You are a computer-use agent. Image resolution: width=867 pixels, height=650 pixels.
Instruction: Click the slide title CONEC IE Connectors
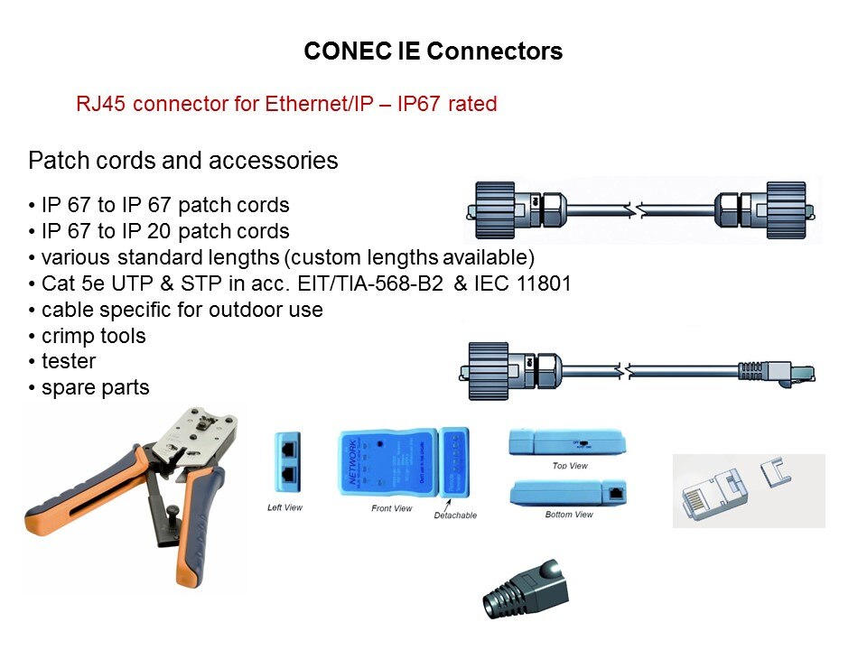[x=433, y=51]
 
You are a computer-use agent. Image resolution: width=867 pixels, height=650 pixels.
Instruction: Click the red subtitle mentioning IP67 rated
[x=286, y=104]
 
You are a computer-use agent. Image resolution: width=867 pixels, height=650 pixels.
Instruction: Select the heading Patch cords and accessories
[x=183, y=161]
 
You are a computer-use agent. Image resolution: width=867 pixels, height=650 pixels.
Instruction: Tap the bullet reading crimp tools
[x=93, y=336]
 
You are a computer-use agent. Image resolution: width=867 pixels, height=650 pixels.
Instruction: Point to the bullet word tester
[x=68, y=361]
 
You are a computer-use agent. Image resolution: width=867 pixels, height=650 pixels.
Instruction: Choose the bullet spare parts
[x=95, y=387]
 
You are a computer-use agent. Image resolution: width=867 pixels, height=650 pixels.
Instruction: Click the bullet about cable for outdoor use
[x=182, y=310]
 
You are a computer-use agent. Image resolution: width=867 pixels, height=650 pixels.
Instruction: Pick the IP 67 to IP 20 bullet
[x=164, y=230]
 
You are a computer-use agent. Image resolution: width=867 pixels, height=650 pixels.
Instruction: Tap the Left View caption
[x=285, y=507]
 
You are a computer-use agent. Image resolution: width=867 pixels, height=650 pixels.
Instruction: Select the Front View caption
[x=392, y=508]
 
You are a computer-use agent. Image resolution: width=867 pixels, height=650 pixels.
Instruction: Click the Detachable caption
[x=455, y=515]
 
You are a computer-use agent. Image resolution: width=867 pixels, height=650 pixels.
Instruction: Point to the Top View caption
[x=570, y=466]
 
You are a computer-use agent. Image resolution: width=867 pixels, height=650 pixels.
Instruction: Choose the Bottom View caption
[x=569, y=515]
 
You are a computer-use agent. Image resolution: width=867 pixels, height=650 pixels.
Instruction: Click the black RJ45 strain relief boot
[x=527, y=591]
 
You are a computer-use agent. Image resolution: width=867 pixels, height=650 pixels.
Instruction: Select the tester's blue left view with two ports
[x=286, y=460]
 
